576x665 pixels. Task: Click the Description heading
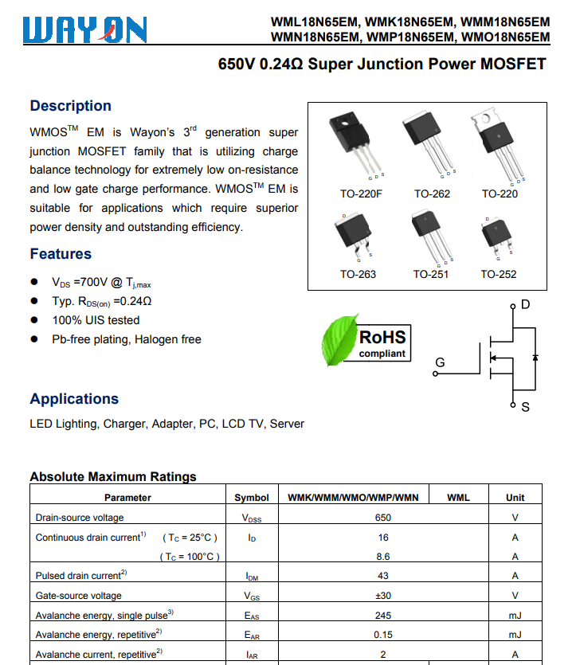(x=70, y=106)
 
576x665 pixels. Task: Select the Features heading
(x=61, y=254)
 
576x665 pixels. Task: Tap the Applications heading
(x=74, y=399)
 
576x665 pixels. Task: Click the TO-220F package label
(x=361, y=194)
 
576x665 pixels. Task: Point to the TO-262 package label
(x=432, y=194)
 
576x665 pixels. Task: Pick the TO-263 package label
(x=358, y=274)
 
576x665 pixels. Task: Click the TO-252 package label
(x=498, y=274)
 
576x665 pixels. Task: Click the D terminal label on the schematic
(x=525, y=305)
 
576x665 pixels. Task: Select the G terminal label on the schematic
(x=439, y=363)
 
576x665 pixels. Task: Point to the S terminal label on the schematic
(x=525, y=407)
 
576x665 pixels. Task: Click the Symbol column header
(x=252, y=497)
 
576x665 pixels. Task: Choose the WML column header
(x=458, y=497)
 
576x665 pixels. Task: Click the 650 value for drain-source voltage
(x=383, y=517)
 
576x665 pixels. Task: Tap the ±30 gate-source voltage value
(x=383, y=595)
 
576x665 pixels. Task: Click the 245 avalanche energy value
(x=383, y=615)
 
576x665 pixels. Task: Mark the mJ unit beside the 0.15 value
(x=515, y=634)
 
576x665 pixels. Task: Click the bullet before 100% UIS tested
(x=34, y=320)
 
